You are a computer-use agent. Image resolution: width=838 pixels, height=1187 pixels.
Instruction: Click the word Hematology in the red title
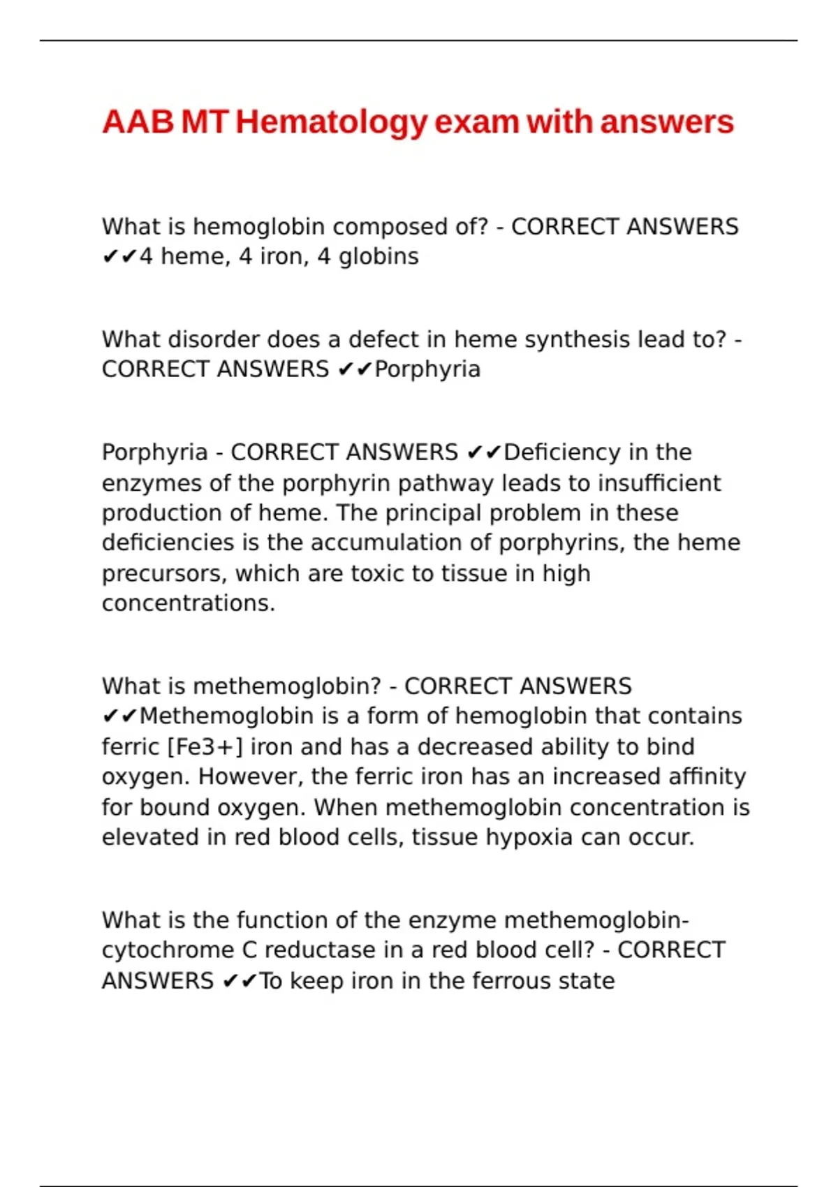pos(331,123)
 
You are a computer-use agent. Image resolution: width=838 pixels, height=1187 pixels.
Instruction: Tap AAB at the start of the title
pos(138,123)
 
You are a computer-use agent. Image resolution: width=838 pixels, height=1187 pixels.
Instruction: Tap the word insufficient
pos(659,483)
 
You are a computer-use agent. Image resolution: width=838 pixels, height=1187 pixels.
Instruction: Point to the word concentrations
pos(189,603)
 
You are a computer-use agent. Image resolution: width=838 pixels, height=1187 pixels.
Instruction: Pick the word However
pos(251,776)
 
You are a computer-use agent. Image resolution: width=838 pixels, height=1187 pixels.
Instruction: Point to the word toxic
pos(378,573)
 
